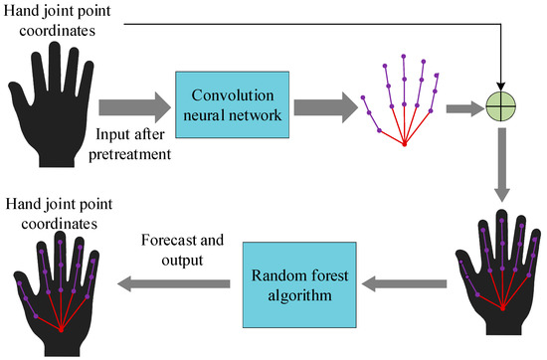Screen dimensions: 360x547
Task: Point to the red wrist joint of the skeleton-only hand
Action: click(404, 145)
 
